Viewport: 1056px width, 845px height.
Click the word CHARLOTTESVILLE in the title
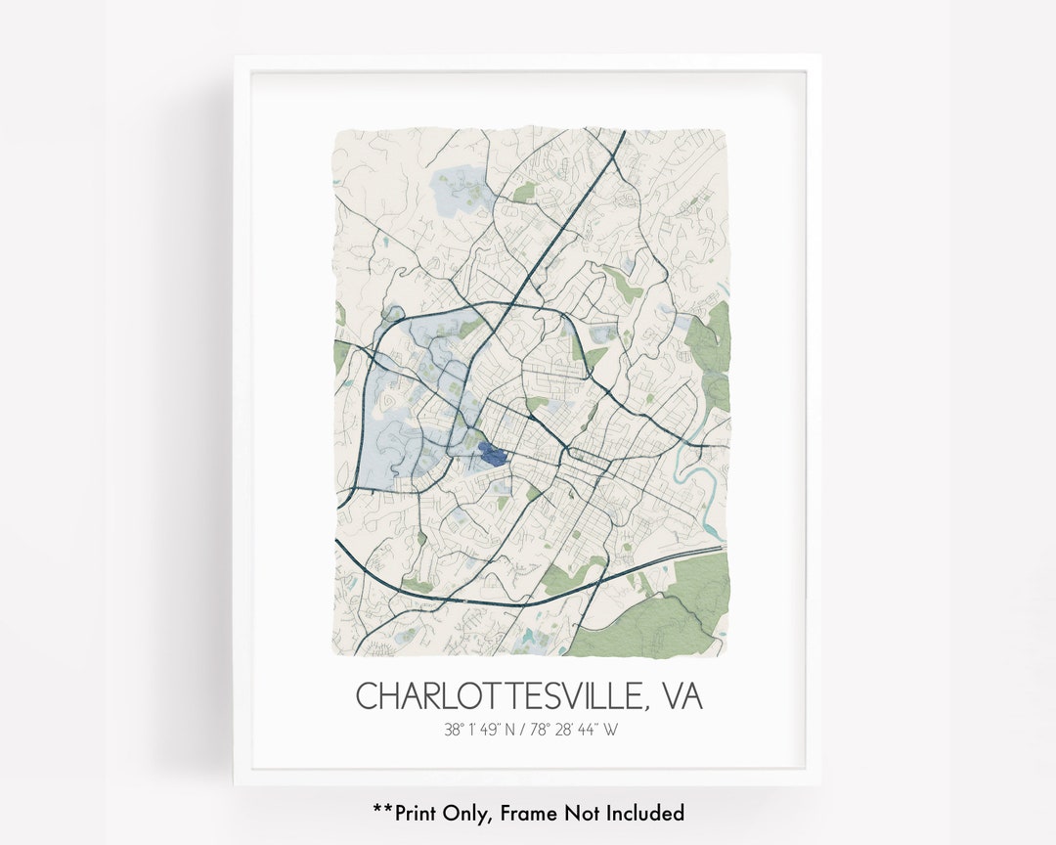tap(499, 696)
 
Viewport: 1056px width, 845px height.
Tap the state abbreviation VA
tap(682, 696)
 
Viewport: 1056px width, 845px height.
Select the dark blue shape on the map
tap(492, 454)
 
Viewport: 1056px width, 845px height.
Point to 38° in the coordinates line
tap(453, 729)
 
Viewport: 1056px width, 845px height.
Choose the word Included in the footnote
tap(645, 813)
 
